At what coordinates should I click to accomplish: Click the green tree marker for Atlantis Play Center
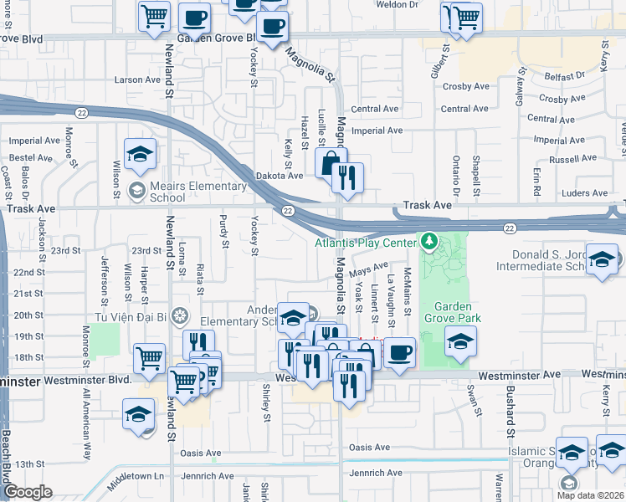[429, 242]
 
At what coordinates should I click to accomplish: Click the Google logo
[28, 492]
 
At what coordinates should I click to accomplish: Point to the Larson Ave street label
[137, 80]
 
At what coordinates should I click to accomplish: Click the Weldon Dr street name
[397, 5]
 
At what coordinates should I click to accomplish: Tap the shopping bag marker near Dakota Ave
[331, 162]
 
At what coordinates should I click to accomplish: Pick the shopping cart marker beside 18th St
[149, 357]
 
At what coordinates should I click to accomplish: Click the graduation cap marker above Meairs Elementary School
[140, 154]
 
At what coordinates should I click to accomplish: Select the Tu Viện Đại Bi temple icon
[178, 316]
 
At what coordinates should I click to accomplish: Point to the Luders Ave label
[585, 193]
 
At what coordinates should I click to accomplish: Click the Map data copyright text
[590, 494]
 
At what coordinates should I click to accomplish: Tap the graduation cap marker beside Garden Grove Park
[459, 341]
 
